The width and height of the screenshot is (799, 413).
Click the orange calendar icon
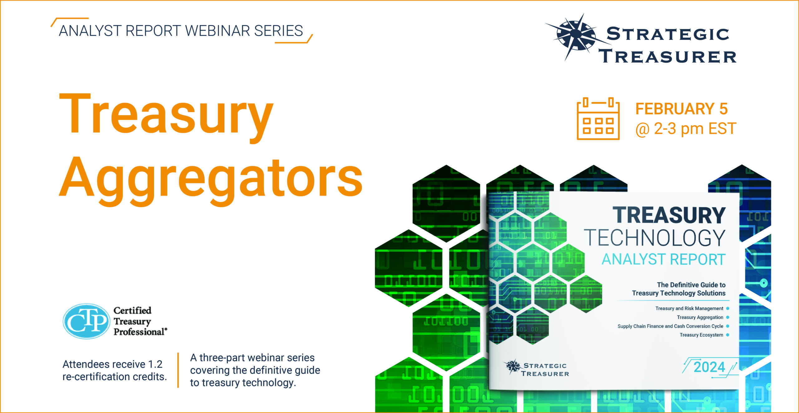[598, 119]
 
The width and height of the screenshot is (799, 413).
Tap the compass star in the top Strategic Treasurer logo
[576, 36]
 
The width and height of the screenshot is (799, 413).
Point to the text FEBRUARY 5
[682, 109]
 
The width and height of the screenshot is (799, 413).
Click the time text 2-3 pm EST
[695, 129]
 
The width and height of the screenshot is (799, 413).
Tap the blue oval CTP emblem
[86, 321]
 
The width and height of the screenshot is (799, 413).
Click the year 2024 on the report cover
[709, 367]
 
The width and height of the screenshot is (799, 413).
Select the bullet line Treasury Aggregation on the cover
[700, 317]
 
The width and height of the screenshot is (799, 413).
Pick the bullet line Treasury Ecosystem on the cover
[701, 335]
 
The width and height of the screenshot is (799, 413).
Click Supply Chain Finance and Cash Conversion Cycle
[670, 326]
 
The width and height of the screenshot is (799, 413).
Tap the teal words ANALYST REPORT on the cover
[664, 260]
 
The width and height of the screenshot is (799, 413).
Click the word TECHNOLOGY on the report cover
[655, 238]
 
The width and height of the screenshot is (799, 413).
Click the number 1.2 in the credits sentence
[155, 364]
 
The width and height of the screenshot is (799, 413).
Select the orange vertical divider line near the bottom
[178, 370]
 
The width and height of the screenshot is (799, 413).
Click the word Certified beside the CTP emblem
[132, 310]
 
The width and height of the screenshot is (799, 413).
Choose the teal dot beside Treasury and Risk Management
[728, 309]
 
